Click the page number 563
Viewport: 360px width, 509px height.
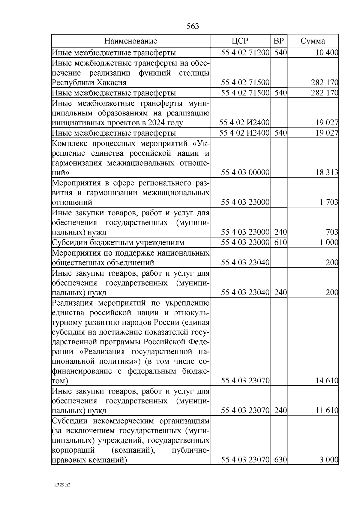point(193,27)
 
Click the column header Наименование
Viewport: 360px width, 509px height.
point(130,41)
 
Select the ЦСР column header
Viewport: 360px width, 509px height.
point(240,41)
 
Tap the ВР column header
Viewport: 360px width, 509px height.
point(278,41)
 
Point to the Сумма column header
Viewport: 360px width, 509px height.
point(313,41)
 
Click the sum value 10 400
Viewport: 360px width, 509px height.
point(327,53)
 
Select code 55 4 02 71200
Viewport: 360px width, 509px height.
point(245,53)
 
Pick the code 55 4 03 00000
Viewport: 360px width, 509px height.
point(245,172)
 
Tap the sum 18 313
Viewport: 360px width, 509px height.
point(327,172)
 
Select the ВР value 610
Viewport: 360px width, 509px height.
point(280,242)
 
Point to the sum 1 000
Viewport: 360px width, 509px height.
point(329,242)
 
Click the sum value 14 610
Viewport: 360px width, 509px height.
point(327,381)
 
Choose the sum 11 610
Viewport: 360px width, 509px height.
point(327,410)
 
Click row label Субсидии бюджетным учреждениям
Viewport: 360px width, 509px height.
point(118,242)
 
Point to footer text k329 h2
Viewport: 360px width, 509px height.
point(62,485)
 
